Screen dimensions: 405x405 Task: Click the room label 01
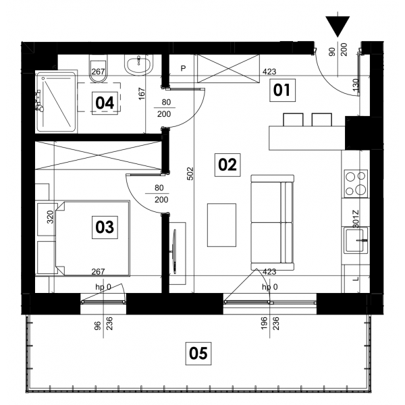pos(282,90)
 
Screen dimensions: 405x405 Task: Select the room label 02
pos(227,165)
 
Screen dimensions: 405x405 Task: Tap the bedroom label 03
pos(105,227)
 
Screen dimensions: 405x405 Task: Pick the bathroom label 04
pos(105,103)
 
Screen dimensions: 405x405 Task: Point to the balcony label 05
pos(198,353)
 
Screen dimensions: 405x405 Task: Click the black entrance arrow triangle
pos(337,26)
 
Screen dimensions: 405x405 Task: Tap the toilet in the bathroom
pos(98,69)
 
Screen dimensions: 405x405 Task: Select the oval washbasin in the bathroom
pos(138,65)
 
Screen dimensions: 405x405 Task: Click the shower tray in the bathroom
pos(56,101)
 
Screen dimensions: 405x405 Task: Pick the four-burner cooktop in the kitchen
pos(356,184)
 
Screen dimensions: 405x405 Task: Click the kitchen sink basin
pos(356,240)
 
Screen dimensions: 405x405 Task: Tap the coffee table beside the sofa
pos(221,225)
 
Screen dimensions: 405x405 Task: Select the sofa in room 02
pos(273,222)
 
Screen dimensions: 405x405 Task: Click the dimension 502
pos(190,173)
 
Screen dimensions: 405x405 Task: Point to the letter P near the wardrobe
pos(183,68)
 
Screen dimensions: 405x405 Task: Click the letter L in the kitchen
pos(356,279)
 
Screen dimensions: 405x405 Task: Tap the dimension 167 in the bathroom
pos(142,94)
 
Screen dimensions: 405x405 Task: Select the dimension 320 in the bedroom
pos(50,217)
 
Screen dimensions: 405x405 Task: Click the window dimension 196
pos(263,323)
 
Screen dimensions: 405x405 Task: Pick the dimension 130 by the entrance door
pos(356,85)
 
